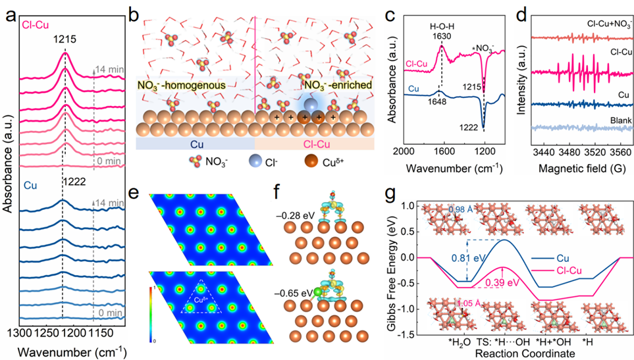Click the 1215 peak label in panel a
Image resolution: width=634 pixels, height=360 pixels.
(x=65, y=39)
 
